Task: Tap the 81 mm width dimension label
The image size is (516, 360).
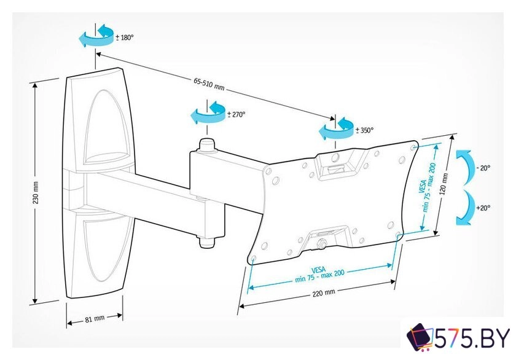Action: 95,318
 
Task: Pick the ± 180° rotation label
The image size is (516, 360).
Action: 125,37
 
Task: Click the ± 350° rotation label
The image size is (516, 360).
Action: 364,130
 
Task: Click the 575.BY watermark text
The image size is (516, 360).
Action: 473,338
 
